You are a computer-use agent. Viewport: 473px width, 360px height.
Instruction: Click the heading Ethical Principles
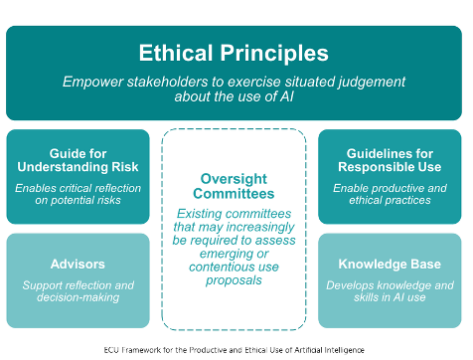(x=235, y=52)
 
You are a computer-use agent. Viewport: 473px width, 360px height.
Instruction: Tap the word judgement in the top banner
(x=367, y=81)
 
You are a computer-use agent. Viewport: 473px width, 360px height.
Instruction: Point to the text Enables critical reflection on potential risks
(x=77, y=194)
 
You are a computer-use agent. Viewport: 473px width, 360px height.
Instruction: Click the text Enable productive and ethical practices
(x=390, y=194)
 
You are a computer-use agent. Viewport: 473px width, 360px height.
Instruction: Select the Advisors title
(x=77, y=264)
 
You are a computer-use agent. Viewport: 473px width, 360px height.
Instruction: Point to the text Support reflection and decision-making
(x=77, y=292)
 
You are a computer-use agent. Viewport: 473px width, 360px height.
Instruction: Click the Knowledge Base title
(x=390, y=264)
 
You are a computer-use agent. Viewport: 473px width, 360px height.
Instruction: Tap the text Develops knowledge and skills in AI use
(x=390, y=292)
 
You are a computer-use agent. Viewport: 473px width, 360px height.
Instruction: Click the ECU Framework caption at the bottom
(x=235, y=350)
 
